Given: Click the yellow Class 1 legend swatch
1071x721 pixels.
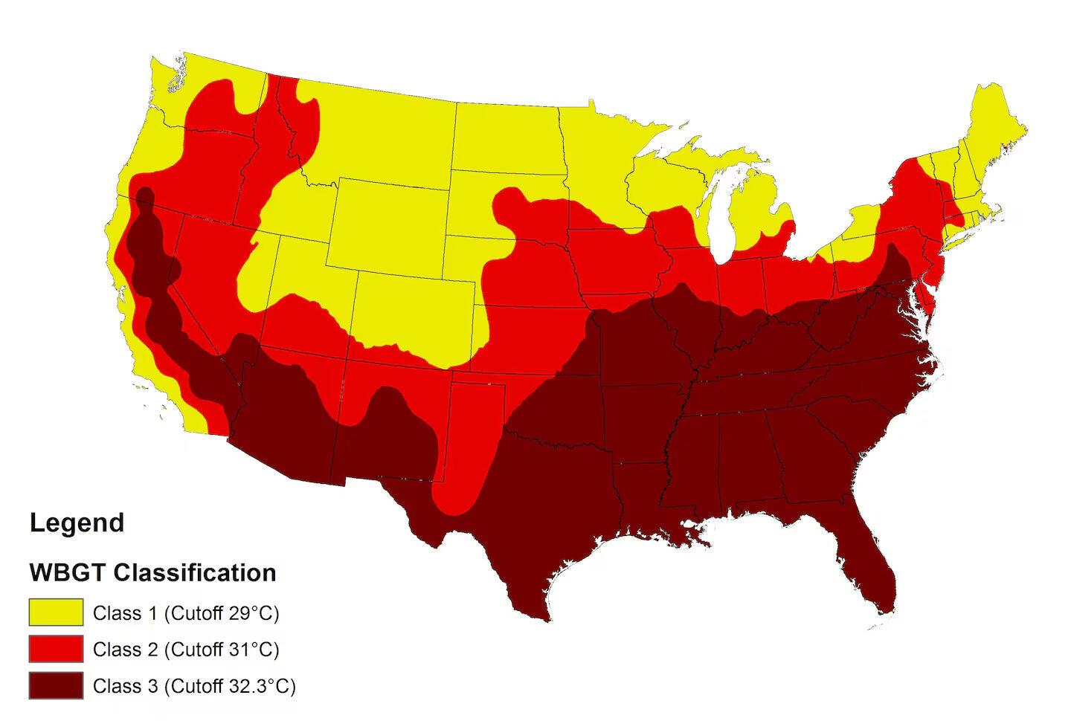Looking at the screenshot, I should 56,612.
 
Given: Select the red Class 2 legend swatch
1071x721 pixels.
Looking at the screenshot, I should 56,649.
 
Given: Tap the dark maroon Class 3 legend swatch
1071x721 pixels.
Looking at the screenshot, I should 56,685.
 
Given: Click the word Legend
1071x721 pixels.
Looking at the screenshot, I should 77,523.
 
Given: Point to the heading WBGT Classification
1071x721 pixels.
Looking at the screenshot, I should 152,572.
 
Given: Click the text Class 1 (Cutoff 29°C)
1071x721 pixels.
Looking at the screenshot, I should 186,613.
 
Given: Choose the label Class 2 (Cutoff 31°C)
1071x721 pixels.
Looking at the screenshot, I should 186,650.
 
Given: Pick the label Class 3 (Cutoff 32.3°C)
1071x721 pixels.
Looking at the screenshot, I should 194,686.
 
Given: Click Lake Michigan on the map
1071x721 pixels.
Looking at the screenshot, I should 715,216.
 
